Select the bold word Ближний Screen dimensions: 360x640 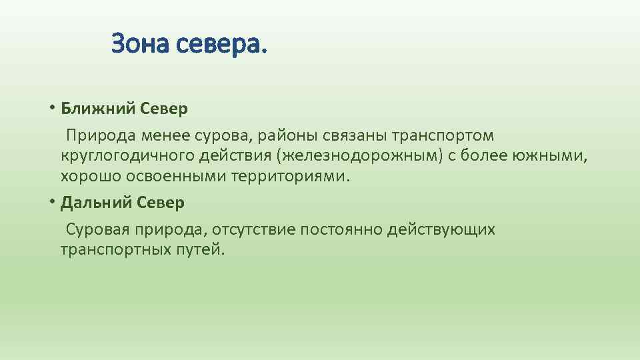click(x=99, y=108)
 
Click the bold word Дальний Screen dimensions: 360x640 click(x=98, y=202)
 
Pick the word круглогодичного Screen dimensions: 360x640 click(x=127, y=157)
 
